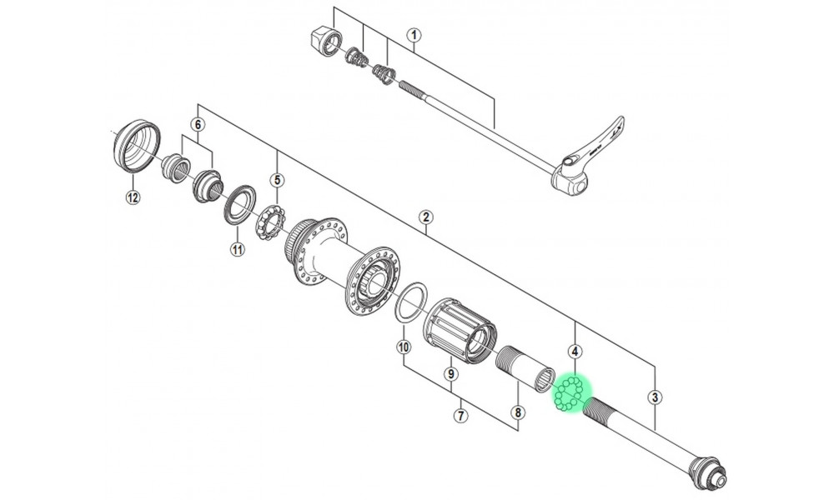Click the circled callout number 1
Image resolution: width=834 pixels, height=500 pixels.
pos(414,35)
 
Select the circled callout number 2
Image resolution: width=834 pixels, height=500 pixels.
pos(426,218)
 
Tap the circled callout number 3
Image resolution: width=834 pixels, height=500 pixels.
pos(656,397)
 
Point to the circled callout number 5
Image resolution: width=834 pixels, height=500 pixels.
pos(277,179)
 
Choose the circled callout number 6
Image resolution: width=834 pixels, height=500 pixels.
pos(197,124)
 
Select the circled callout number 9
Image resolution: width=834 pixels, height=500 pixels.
pos(450,374)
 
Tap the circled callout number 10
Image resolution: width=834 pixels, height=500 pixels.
pos(404,347)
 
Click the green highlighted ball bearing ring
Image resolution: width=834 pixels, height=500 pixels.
pos(571,392)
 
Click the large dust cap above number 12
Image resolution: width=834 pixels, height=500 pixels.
pos(136,147)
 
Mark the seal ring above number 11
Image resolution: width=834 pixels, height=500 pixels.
pos(239,205)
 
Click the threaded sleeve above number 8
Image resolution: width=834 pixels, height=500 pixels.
pos(525,367)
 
